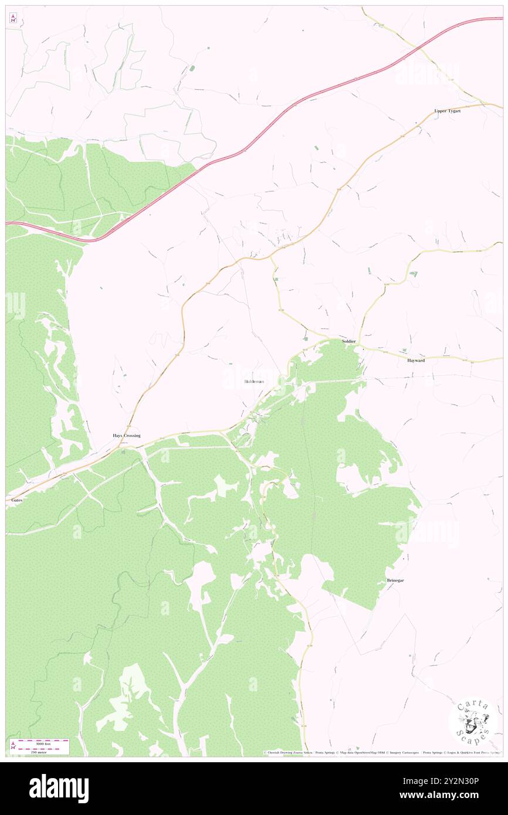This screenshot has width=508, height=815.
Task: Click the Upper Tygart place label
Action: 447,111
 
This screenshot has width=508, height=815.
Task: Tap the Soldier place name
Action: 350,341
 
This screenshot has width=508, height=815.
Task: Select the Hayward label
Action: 416,361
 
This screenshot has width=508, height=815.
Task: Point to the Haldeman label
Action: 254,382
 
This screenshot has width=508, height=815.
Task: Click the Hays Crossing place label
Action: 127,436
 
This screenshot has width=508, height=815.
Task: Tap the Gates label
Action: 16,500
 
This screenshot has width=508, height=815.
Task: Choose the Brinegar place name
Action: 395,580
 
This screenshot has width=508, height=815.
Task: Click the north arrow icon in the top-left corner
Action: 13,19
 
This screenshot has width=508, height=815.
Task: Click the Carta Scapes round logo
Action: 472,722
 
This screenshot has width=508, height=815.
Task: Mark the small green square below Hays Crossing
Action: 123,452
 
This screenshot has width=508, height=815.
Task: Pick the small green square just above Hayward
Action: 412,274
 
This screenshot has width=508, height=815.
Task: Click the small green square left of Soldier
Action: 304,339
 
